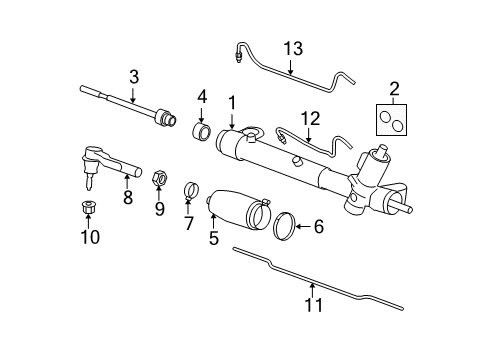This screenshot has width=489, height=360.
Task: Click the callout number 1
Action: (x=232, y=103)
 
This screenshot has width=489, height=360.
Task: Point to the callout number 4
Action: (x=202, y=98)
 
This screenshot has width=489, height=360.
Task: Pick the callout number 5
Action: (x=213, y=238)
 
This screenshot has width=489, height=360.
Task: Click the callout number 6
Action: (x=318, y=227)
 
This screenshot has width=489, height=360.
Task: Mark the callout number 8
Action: (x=128, y=197)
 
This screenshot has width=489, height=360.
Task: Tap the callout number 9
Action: (x=159, y=209)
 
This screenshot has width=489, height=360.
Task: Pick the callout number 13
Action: (x=291, y=50)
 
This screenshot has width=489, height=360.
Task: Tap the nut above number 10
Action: (x=89, y=210)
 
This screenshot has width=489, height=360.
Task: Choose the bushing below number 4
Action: (x=201, y=131)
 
